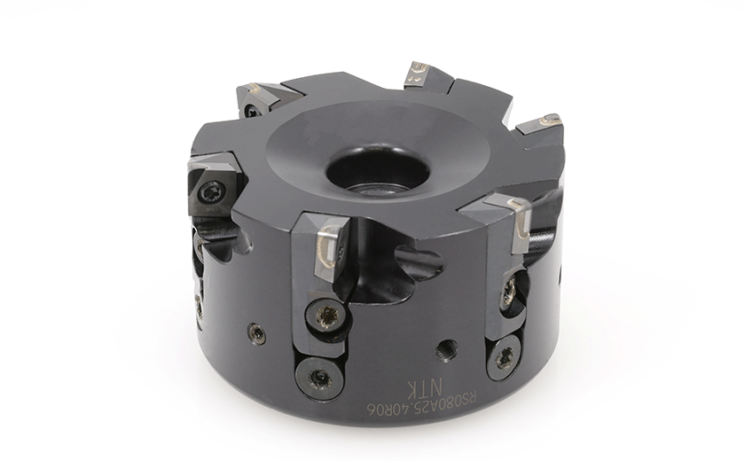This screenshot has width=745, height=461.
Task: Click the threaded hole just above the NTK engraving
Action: coord(448,350)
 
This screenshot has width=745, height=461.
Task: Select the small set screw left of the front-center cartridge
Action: coord(256,333)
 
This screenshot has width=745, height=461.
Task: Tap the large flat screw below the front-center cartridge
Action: coord(317,379)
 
